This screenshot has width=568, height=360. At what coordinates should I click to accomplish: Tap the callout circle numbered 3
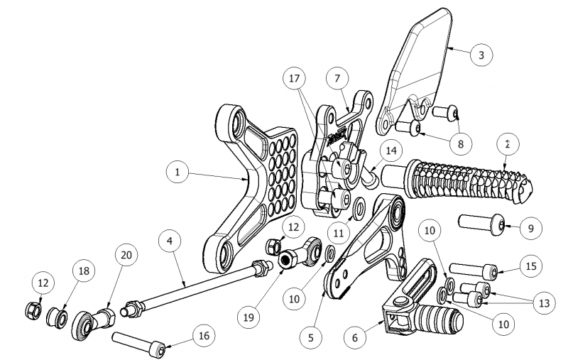click(x=481, y=54)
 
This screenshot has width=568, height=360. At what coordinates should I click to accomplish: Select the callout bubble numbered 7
click(x=337, y=77)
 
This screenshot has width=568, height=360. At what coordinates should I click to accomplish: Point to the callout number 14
click(x=390, y=150)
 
